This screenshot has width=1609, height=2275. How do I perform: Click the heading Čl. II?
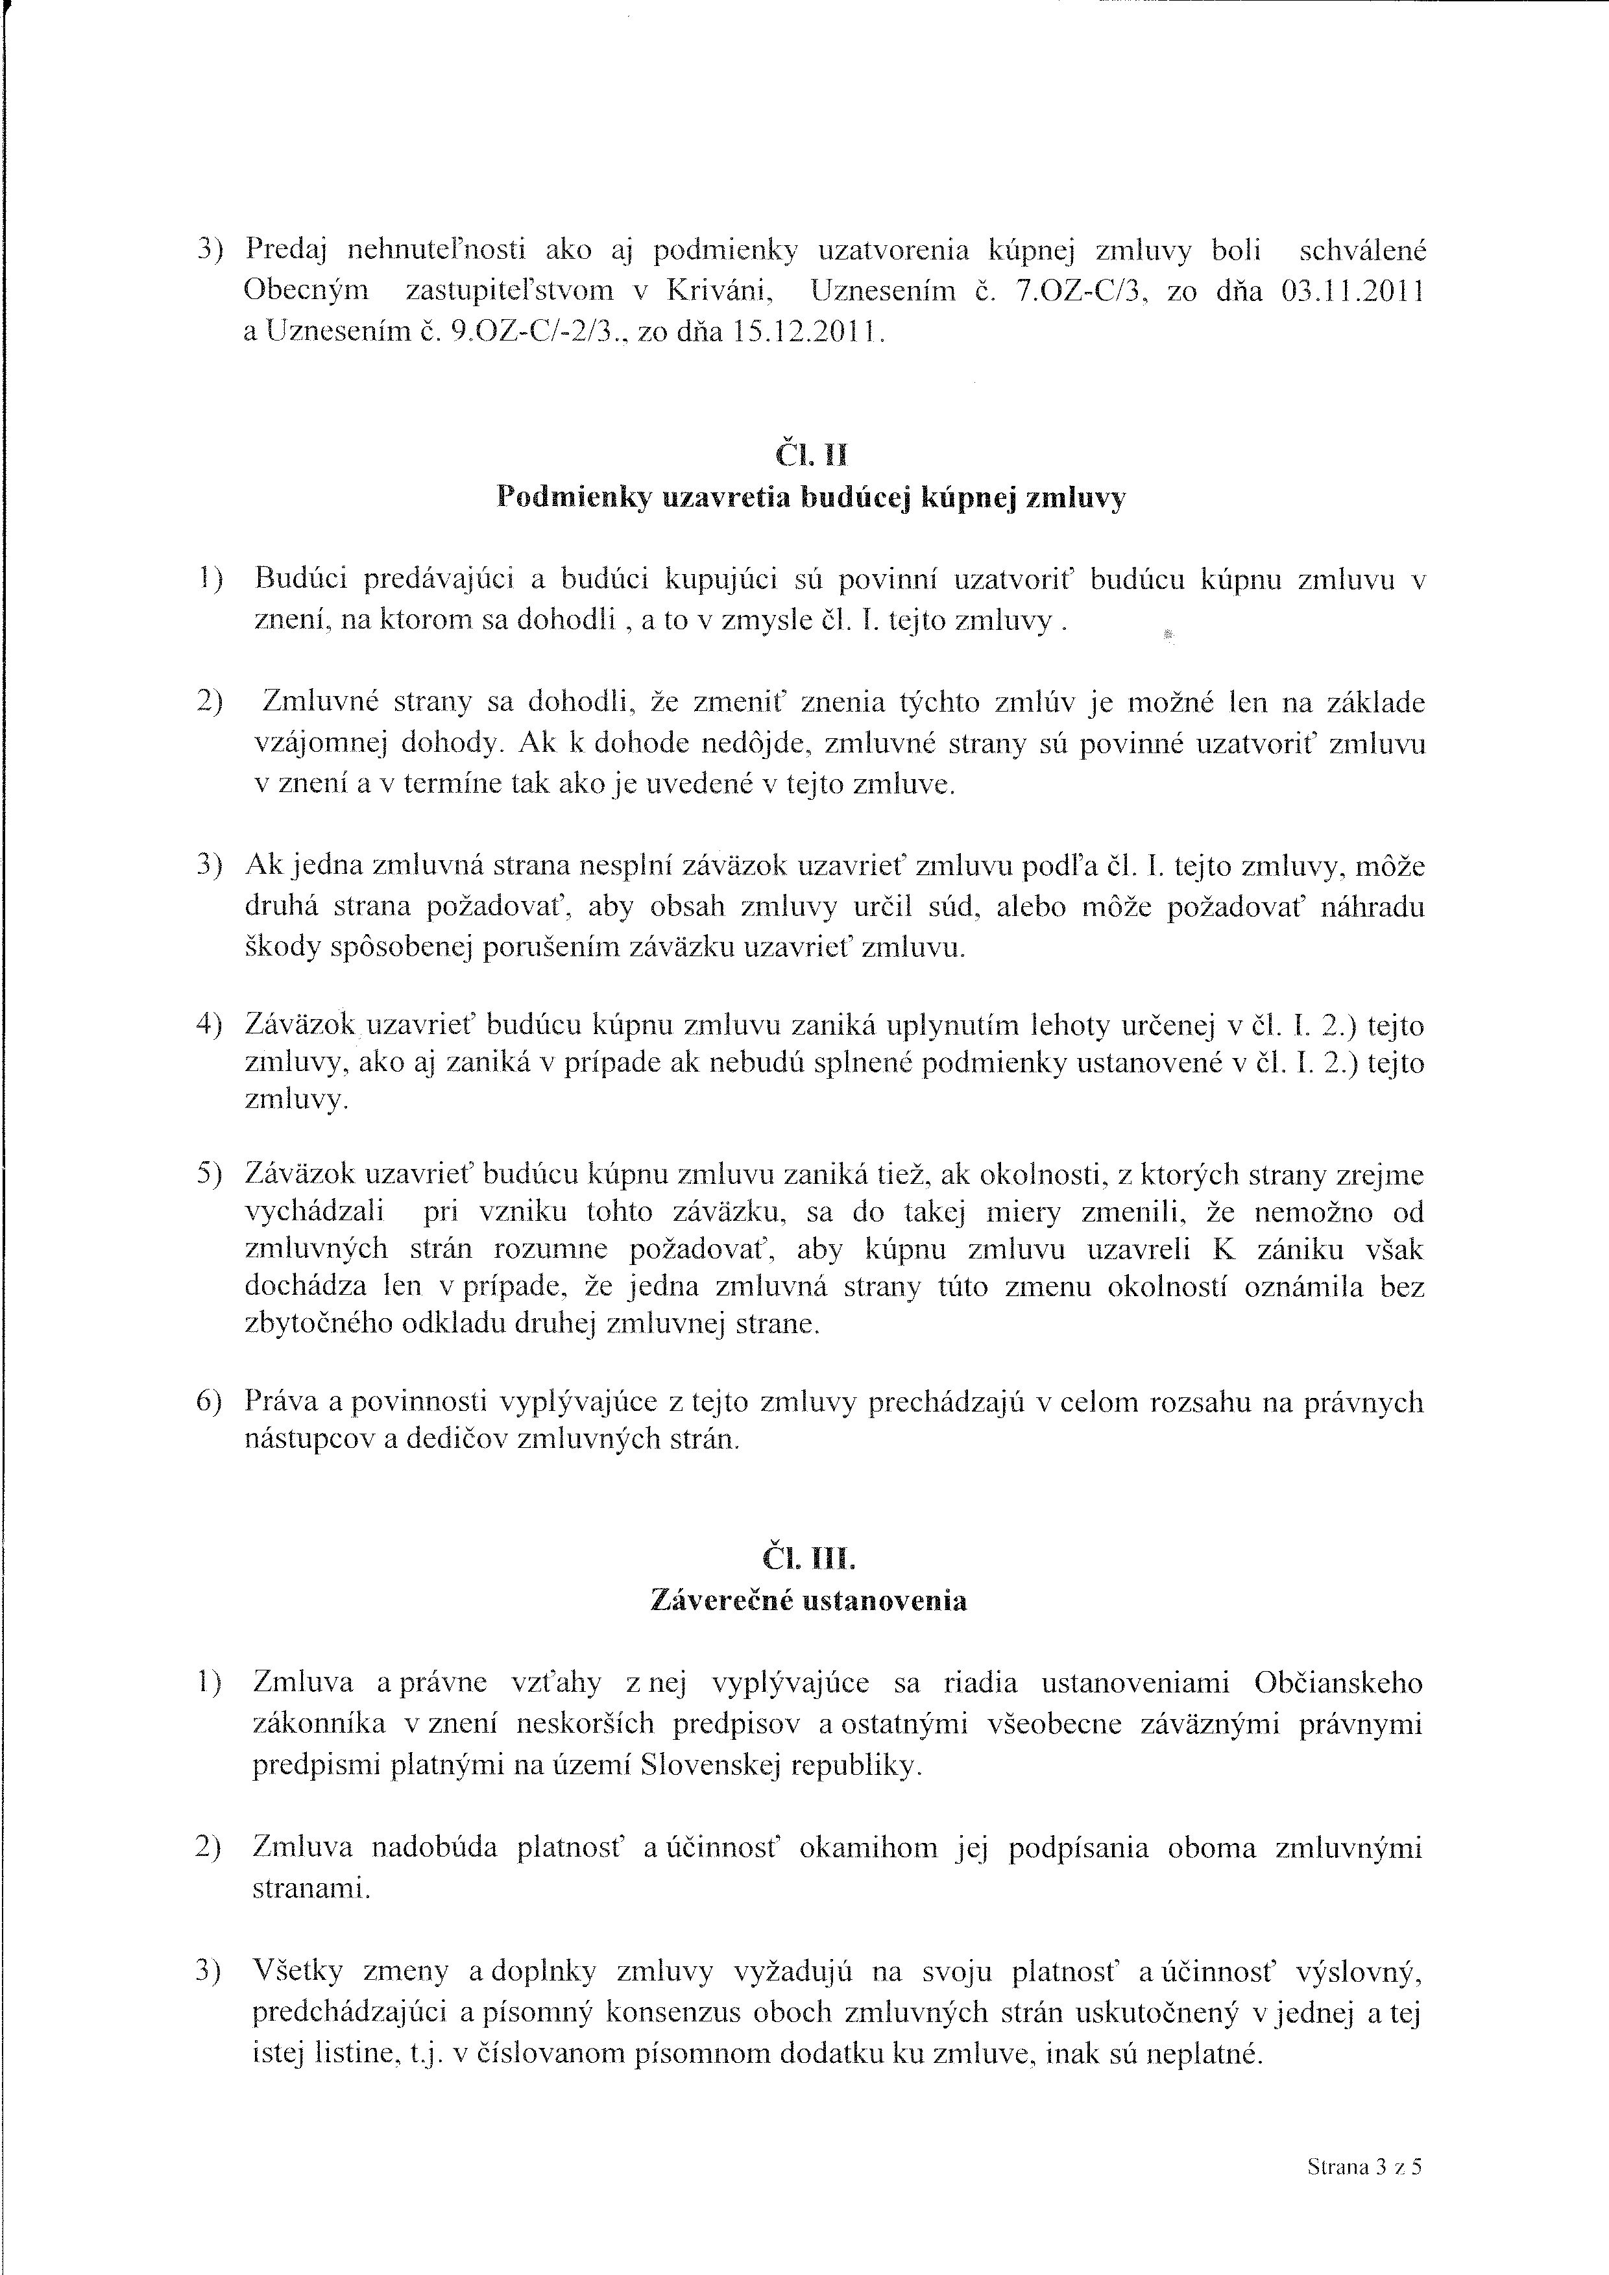pyautogui.click(x=810, y=455)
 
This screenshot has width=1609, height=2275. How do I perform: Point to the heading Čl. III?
pyautogui.click(x=808, y=1559)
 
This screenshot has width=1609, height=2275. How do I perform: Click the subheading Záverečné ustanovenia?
pyautogui.click(x=808, y=1600)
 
